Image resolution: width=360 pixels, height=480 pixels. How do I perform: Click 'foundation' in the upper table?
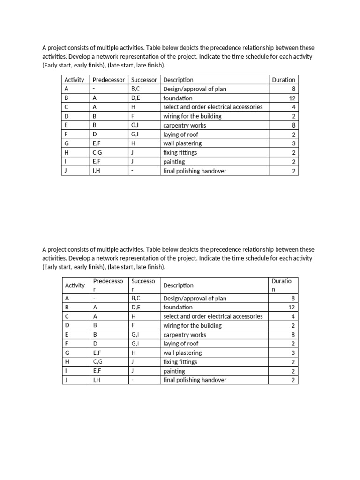178,98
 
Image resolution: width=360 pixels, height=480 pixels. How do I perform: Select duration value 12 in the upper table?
292,98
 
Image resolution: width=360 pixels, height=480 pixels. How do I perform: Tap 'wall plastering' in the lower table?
182,352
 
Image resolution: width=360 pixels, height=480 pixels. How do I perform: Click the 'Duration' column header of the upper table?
284,80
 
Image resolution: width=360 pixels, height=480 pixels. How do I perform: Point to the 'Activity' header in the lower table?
75,285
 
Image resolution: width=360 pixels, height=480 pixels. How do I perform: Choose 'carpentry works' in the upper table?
184,126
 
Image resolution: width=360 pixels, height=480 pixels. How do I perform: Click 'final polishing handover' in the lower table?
195,380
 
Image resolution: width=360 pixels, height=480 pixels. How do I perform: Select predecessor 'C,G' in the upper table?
97,153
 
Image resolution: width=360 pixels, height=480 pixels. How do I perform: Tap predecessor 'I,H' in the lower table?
97,380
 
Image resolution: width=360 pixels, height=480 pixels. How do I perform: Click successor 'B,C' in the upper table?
136,89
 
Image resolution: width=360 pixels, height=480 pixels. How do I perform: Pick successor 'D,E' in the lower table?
136,307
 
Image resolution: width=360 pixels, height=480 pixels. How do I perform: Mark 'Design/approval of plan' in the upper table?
195,89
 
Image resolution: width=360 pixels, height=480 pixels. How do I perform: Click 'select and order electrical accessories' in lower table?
213,316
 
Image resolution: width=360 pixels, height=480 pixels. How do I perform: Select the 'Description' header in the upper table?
178,80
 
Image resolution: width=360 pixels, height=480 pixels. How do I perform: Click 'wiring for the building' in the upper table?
192,116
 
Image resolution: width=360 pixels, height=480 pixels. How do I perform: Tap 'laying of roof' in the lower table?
181,344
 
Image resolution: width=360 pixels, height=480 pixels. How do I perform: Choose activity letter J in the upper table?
66,171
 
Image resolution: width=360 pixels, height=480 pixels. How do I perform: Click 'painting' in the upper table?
174,162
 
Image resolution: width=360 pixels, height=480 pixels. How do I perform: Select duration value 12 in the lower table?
292,307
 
